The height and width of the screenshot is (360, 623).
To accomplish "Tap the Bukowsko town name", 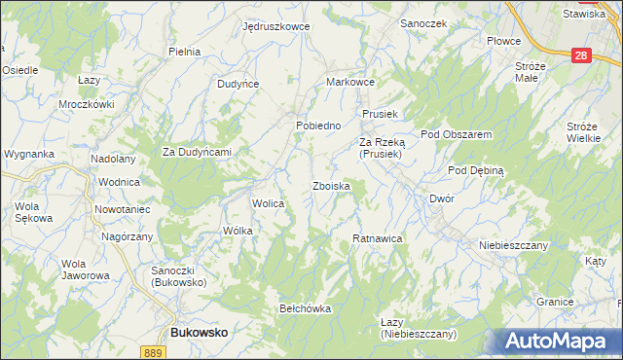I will tap(199, 332).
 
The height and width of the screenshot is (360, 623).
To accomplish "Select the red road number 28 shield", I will tap(581, 56).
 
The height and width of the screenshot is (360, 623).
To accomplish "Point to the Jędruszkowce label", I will tap(276, 26).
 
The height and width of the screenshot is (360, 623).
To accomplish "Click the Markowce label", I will tap(350, 83).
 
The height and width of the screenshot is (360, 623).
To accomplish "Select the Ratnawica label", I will tap(377, 237).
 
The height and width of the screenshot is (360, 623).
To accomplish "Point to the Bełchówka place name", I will tap(306, 308).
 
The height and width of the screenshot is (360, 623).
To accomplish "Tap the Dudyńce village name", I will tap(238, 84).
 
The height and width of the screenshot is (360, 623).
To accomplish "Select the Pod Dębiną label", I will tap(475, 169).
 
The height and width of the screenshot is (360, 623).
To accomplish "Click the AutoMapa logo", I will tap(561, 342).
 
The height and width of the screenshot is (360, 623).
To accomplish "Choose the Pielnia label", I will tap(184, 52).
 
